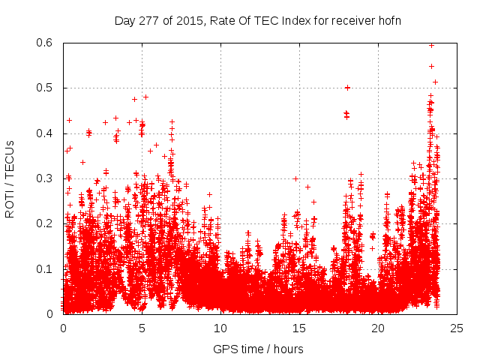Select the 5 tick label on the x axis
click(x=142, y=328)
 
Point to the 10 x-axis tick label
click(x=220, y=328)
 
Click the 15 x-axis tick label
click(x=299, y=328)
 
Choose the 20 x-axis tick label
click(x=378, y=328)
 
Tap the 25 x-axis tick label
click(x=457, y=328)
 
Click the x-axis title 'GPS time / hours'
click(x=259, y=349)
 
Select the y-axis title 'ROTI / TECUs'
click(x=10, y=179)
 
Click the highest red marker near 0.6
click(x=431, y=45)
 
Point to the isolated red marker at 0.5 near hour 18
click(x=347, y=88)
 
